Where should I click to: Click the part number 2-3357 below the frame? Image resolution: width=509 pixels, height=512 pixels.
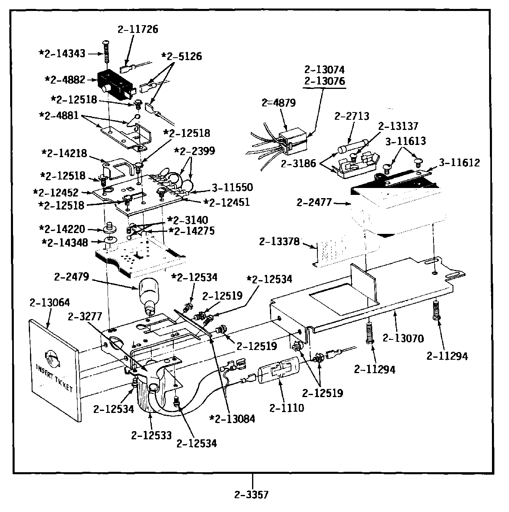tap(251, 495)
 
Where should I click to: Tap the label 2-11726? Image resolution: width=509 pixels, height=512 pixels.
tap(138, 29)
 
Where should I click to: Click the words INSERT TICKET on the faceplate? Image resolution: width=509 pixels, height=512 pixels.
tap(54, 377)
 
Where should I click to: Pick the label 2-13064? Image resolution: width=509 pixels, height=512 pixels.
tap(50, 302)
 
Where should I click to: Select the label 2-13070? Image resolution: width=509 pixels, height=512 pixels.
tap(403, 338)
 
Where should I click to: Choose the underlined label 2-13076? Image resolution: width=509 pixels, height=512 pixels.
tap(324, 81)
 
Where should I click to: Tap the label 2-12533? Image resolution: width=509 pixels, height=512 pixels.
tap(151, 435)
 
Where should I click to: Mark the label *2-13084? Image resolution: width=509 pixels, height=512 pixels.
tap(232, 419)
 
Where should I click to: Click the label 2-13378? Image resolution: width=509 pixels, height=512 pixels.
tap(279, 242)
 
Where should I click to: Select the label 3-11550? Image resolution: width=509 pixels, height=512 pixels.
tap(232, 187)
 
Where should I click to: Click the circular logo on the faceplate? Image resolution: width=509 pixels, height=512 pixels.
tap(53, 357)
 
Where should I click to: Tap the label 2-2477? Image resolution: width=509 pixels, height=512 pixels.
tap(314, 202)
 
